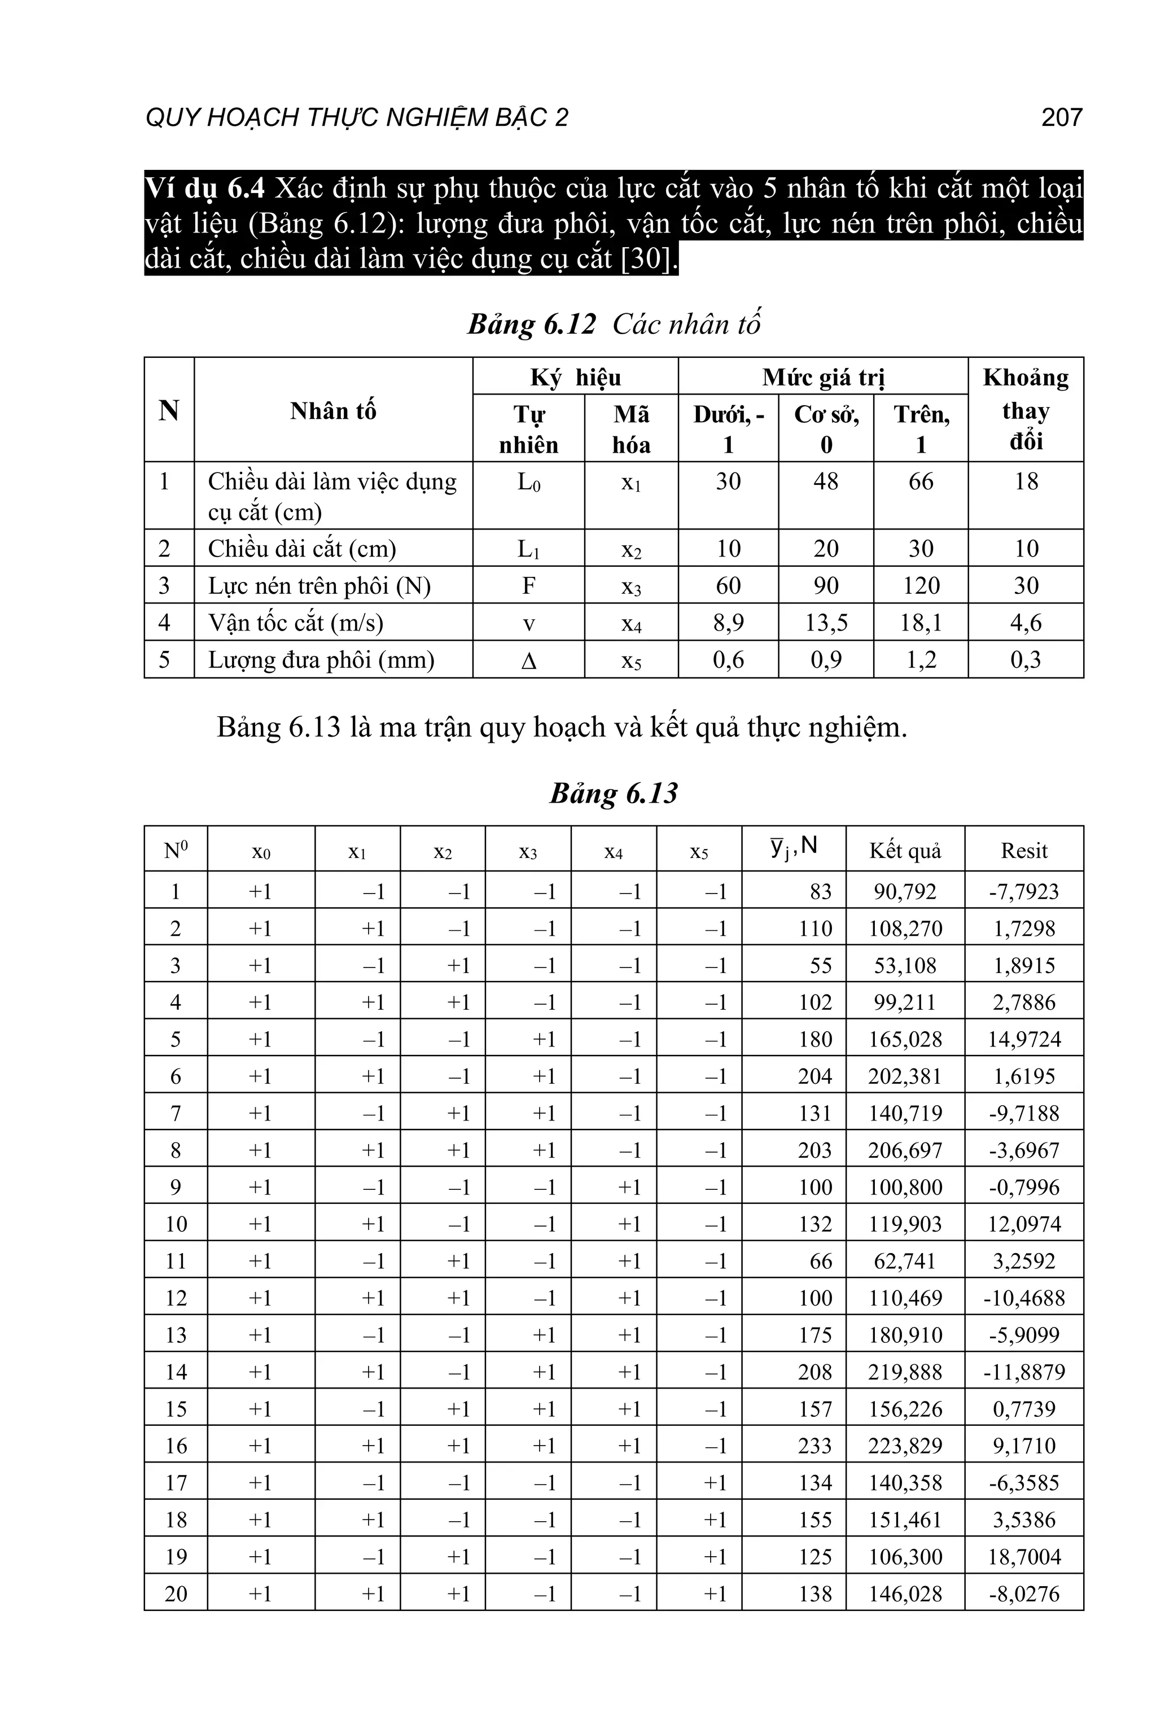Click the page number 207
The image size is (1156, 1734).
1061,117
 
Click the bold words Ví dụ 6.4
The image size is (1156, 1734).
204,189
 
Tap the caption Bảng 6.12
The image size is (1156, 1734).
531,325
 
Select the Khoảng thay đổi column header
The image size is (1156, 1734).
1026,409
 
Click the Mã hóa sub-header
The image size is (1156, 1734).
631,430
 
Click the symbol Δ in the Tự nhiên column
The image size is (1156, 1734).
528,660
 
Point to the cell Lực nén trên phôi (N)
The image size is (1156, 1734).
319,585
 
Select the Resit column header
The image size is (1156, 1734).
1024,850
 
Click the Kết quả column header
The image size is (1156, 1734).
905,850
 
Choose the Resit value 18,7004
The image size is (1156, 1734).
1024,1556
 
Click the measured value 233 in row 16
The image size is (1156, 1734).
815,1446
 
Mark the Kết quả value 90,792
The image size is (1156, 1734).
905,891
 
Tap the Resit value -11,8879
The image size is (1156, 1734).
1024,1372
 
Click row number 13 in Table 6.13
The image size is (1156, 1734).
176,1335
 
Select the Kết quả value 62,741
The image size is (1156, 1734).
905,1260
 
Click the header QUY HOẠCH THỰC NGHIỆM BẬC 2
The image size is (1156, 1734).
357,117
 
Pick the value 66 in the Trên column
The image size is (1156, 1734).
921,481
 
